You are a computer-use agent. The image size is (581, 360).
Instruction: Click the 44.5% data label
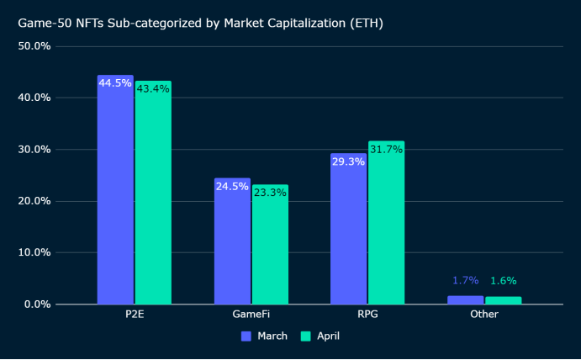[115, 83]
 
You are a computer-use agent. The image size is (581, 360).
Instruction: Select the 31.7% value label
[386, 150]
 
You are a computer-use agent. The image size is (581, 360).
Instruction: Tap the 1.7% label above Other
[466, 280]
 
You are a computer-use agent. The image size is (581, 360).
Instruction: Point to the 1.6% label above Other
[504, 281]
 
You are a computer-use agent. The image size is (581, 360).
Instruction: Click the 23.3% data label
[270, 193]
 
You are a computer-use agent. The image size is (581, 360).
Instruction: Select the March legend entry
[265, 336]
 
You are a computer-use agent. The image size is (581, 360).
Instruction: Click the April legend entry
[322, 336]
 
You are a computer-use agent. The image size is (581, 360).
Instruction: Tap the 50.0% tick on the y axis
[35, 45]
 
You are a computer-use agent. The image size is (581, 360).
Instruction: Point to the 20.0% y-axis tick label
[35, 201]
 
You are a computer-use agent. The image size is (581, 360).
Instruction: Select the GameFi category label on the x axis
[251, 315]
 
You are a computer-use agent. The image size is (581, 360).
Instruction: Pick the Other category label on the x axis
[484, 315]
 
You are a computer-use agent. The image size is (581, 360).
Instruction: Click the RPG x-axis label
[367, 315]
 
